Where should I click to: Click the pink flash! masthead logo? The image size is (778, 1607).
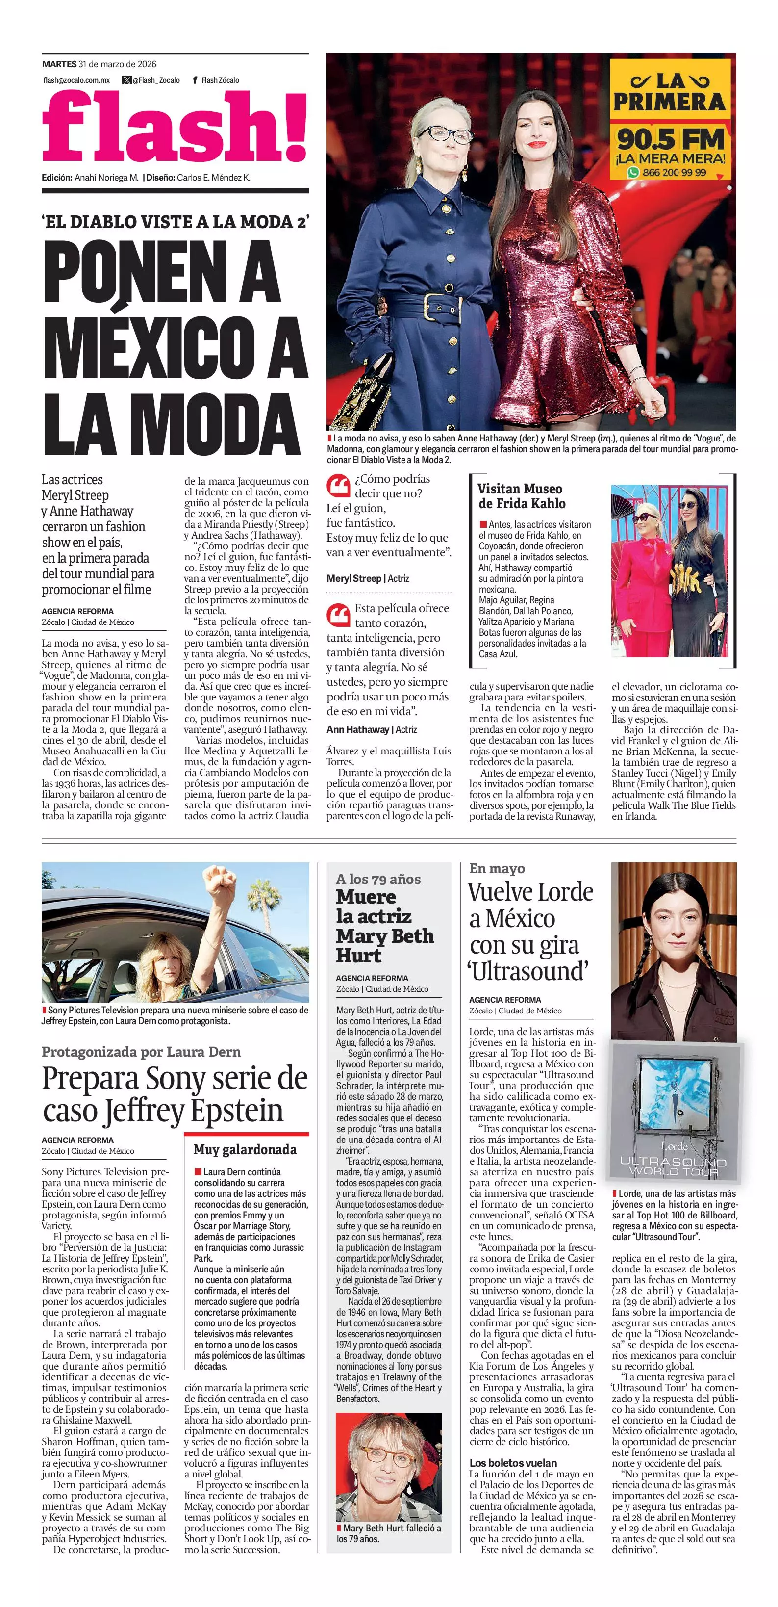(x=175, y=127)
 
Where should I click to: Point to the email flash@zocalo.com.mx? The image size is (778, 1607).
(x=76, y=80)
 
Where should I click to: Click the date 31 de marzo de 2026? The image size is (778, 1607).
(x=118, y=64)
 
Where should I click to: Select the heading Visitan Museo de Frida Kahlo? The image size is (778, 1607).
(x=522, y=496)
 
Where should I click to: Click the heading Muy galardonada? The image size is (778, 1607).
(x=244, y=1149)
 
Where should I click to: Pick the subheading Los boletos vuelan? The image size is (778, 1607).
(x=513, y=1462)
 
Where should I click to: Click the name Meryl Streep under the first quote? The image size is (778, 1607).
(x=353, y=578)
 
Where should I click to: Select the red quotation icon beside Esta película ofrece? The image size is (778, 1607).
(x=338, y=615)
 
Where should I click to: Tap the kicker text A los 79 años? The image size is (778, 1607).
(x=378, y=879)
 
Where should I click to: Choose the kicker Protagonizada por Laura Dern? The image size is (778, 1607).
(x=141, y=1052)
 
